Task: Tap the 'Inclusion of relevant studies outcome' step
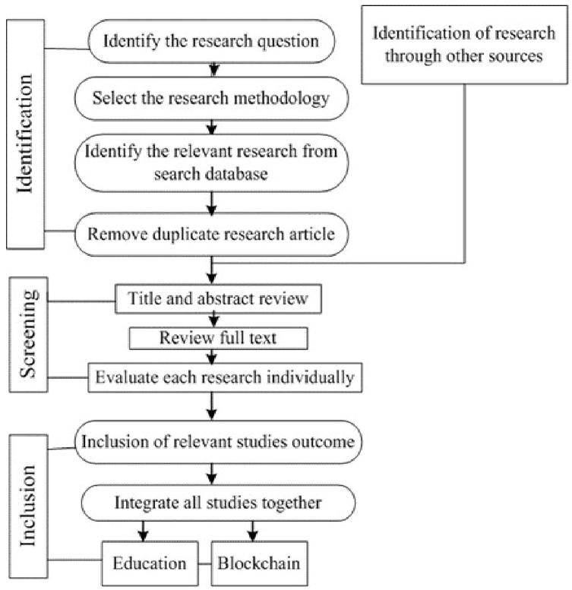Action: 214,441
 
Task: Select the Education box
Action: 149,563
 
